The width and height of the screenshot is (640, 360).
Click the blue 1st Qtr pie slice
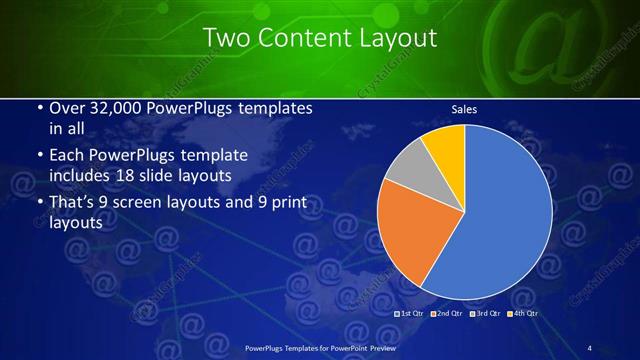[x=500, y=215]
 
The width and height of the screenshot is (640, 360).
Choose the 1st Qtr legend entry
[x=410, y=313]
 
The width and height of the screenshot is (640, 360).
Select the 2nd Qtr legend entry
[x=447, y=313]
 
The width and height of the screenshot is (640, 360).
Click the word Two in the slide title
[x=224, y=38]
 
